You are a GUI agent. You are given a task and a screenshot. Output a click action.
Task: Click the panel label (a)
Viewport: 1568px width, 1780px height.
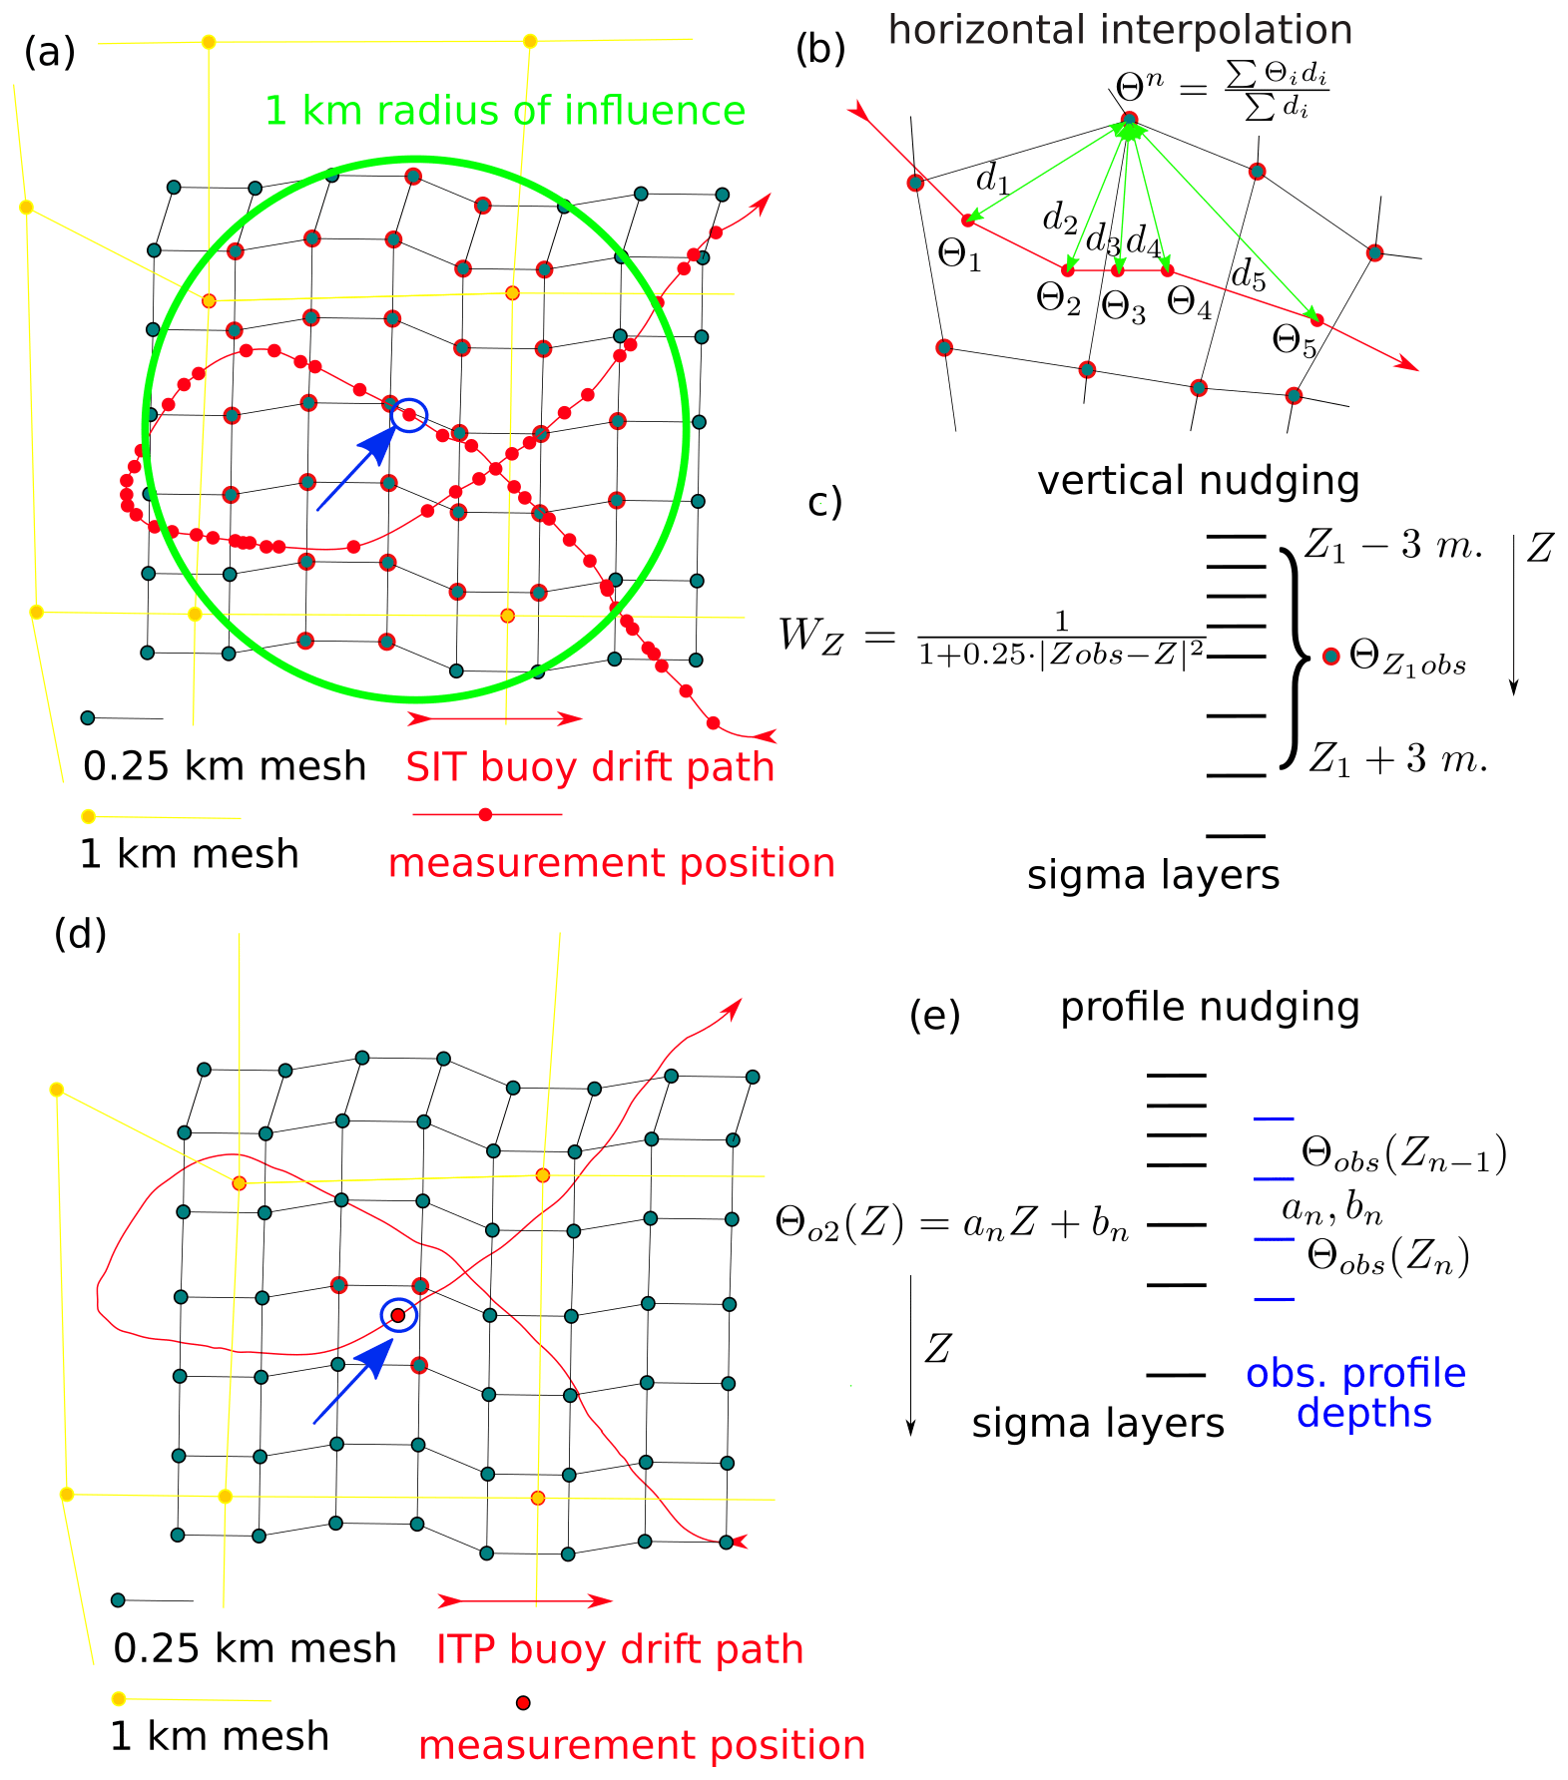pyautogui.click(x=50, y=52)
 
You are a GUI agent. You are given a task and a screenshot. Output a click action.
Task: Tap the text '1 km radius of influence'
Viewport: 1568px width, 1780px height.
pyautogui.click(x=505, y=111)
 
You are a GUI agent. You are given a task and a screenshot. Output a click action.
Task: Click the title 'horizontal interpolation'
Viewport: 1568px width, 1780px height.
pyautogui.click(x=1120, y=30)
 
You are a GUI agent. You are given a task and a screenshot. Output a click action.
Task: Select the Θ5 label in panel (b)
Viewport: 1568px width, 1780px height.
pyautogui.click(x=1295, y=341)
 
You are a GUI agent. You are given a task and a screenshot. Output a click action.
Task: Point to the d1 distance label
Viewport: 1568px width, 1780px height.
pyautogui.click(x=993, y=180)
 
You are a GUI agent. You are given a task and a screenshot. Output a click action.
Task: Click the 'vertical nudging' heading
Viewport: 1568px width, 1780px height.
pyautogui.click(x=1198, y=481)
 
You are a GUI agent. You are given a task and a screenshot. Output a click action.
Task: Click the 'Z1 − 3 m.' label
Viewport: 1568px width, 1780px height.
pyautogui.click(x=1393, y=546)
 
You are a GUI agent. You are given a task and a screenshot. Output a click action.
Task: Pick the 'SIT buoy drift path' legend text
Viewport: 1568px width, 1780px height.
pyautogui.click(x=590, y=767)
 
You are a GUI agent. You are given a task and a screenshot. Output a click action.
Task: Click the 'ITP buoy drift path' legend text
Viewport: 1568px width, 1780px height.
pyautogui.click(x=620, y=1649)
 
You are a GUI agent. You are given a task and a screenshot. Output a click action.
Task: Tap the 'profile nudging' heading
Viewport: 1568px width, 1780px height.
pyautogui.click(x=1210, y=1007)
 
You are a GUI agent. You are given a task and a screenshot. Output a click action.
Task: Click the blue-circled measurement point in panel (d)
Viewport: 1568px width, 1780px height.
pyautogui.click(x=398, y=1315)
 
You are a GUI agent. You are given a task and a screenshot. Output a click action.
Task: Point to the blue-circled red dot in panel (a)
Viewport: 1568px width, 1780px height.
pyautogui.click(x=408, y=414)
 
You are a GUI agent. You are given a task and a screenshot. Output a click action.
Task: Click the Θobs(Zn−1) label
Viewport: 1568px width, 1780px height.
pyautogui.click(x=1403, y=1154)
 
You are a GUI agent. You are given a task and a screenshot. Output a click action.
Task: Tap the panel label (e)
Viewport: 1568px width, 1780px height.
pyautogui.click(x=935, y=1016)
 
